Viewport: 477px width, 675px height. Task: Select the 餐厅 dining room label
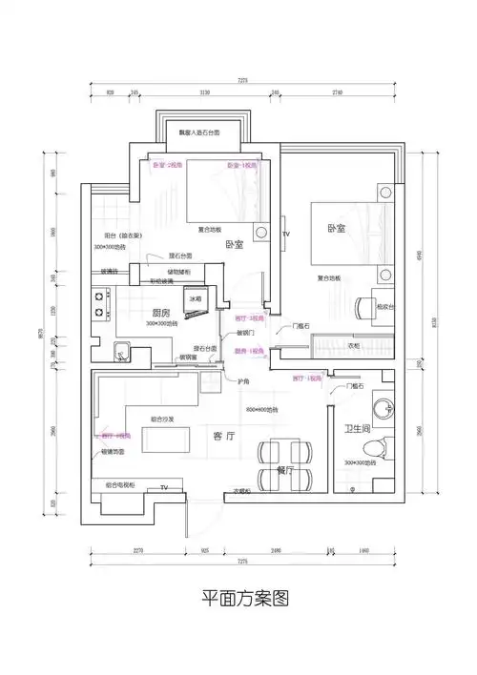pyautogui.click(x=284, y=470)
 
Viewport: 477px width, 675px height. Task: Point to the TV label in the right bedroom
pyautogui.click(x=284, y=233)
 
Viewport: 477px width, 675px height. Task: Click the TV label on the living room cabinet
pyautogui.click(x=163, y=487)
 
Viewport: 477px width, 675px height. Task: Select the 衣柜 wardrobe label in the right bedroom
pyautogui.click(x=354, y=345)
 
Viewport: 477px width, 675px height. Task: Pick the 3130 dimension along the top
pyautogui.click(x=204, y=93)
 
